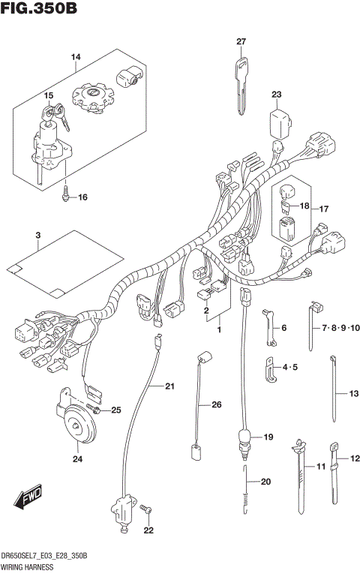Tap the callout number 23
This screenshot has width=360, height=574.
277,95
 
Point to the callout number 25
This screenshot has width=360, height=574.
115,410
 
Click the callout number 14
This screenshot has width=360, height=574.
75,57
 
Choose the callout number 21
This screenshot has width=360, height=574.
169,386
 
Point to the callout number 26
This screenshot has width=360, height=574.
217,405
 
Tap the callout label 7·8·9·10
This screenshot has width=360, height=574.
341,329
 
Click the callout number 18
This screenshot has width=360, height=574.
304,206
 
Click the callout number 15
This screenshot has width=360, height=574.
48,96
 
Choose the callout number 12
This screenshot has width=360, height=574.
355,458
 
